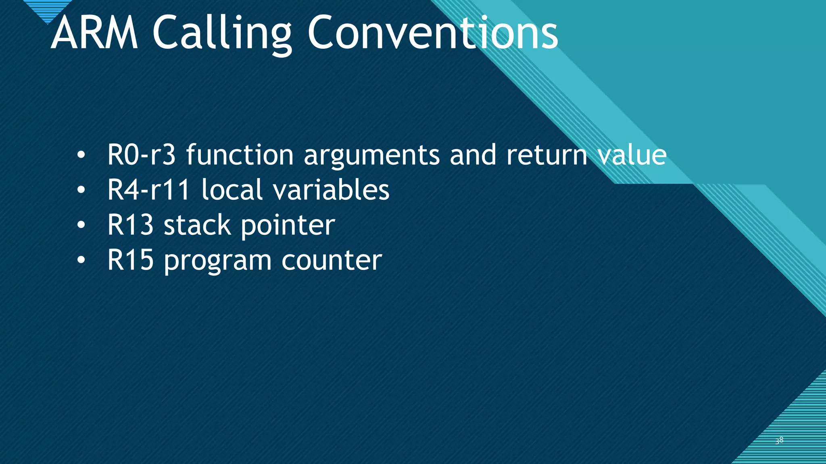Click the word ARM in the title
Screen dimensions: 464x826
tap(94, 33)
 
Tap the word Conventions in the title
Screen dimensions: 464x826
tap(432, 33)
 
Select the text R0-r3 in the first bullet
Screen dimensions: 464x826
tap(141, 155)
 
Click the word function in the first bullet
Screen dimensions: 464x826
tap(240, 155)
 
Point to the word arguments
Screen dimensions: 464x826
tap(371, 157)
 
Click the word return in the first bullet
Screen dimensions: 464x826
tap(546, 155)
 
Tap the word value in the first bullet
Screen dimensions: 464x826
tap(632, 155)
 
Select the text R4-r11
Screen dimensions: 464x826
tap(148, 190)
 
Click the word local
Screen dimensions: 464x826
tap(232, 190)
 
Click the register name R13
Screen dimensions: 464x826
tap(130, 225)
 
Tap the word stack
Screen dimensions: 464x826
tap(197, 225)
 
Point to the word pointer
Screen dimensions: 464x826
tap(288, 226)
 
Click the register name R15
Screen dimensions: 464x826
tap(130, 260)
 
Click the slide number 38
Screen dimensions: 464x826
tap(779, 440)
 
